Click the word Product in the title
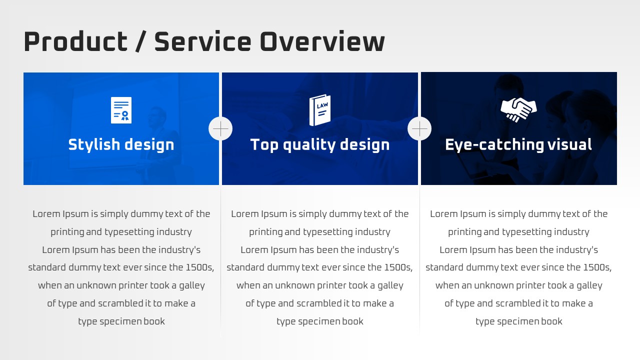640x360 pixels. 75,41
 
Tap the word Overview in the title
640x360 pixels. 322,41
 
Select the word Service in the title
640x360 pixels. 203,41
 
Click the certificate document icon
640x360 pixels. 121,110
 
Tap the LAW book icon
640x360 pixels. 320,110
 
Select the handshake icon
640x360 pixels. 518,109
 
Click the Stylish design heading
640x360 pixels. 121,144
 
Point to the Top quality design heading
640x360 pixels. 320,144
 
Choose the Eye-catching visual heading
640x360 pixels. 518,144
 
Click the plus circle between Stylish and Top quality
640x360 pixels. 220,128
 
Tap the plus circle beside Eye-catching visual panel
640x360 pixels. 419,128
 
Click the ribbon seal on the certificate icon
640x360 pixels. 125,115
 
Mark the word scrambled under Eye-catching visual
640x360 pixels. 519,303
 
